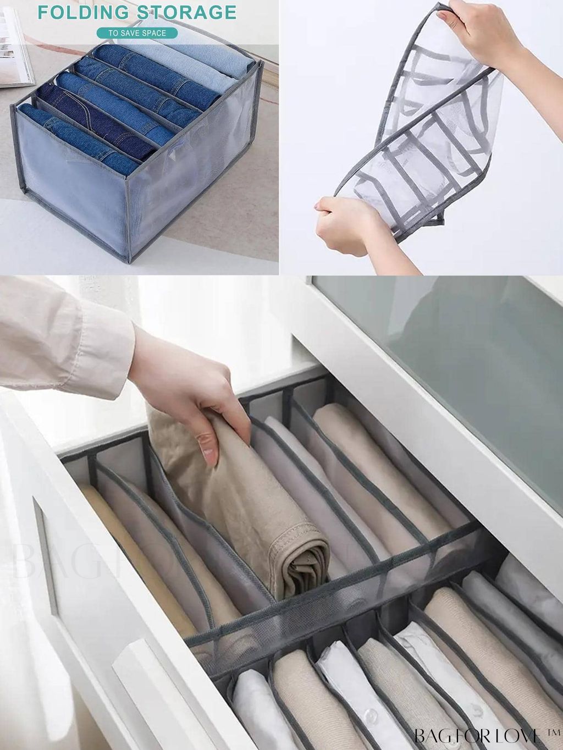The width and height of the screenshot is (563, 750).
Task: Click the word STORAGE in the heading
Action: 186,12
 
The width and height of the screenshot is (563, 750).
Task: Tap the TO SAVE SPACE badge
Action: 137,33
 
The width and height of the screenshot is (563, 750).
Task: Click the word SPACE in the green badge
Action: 153,33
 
